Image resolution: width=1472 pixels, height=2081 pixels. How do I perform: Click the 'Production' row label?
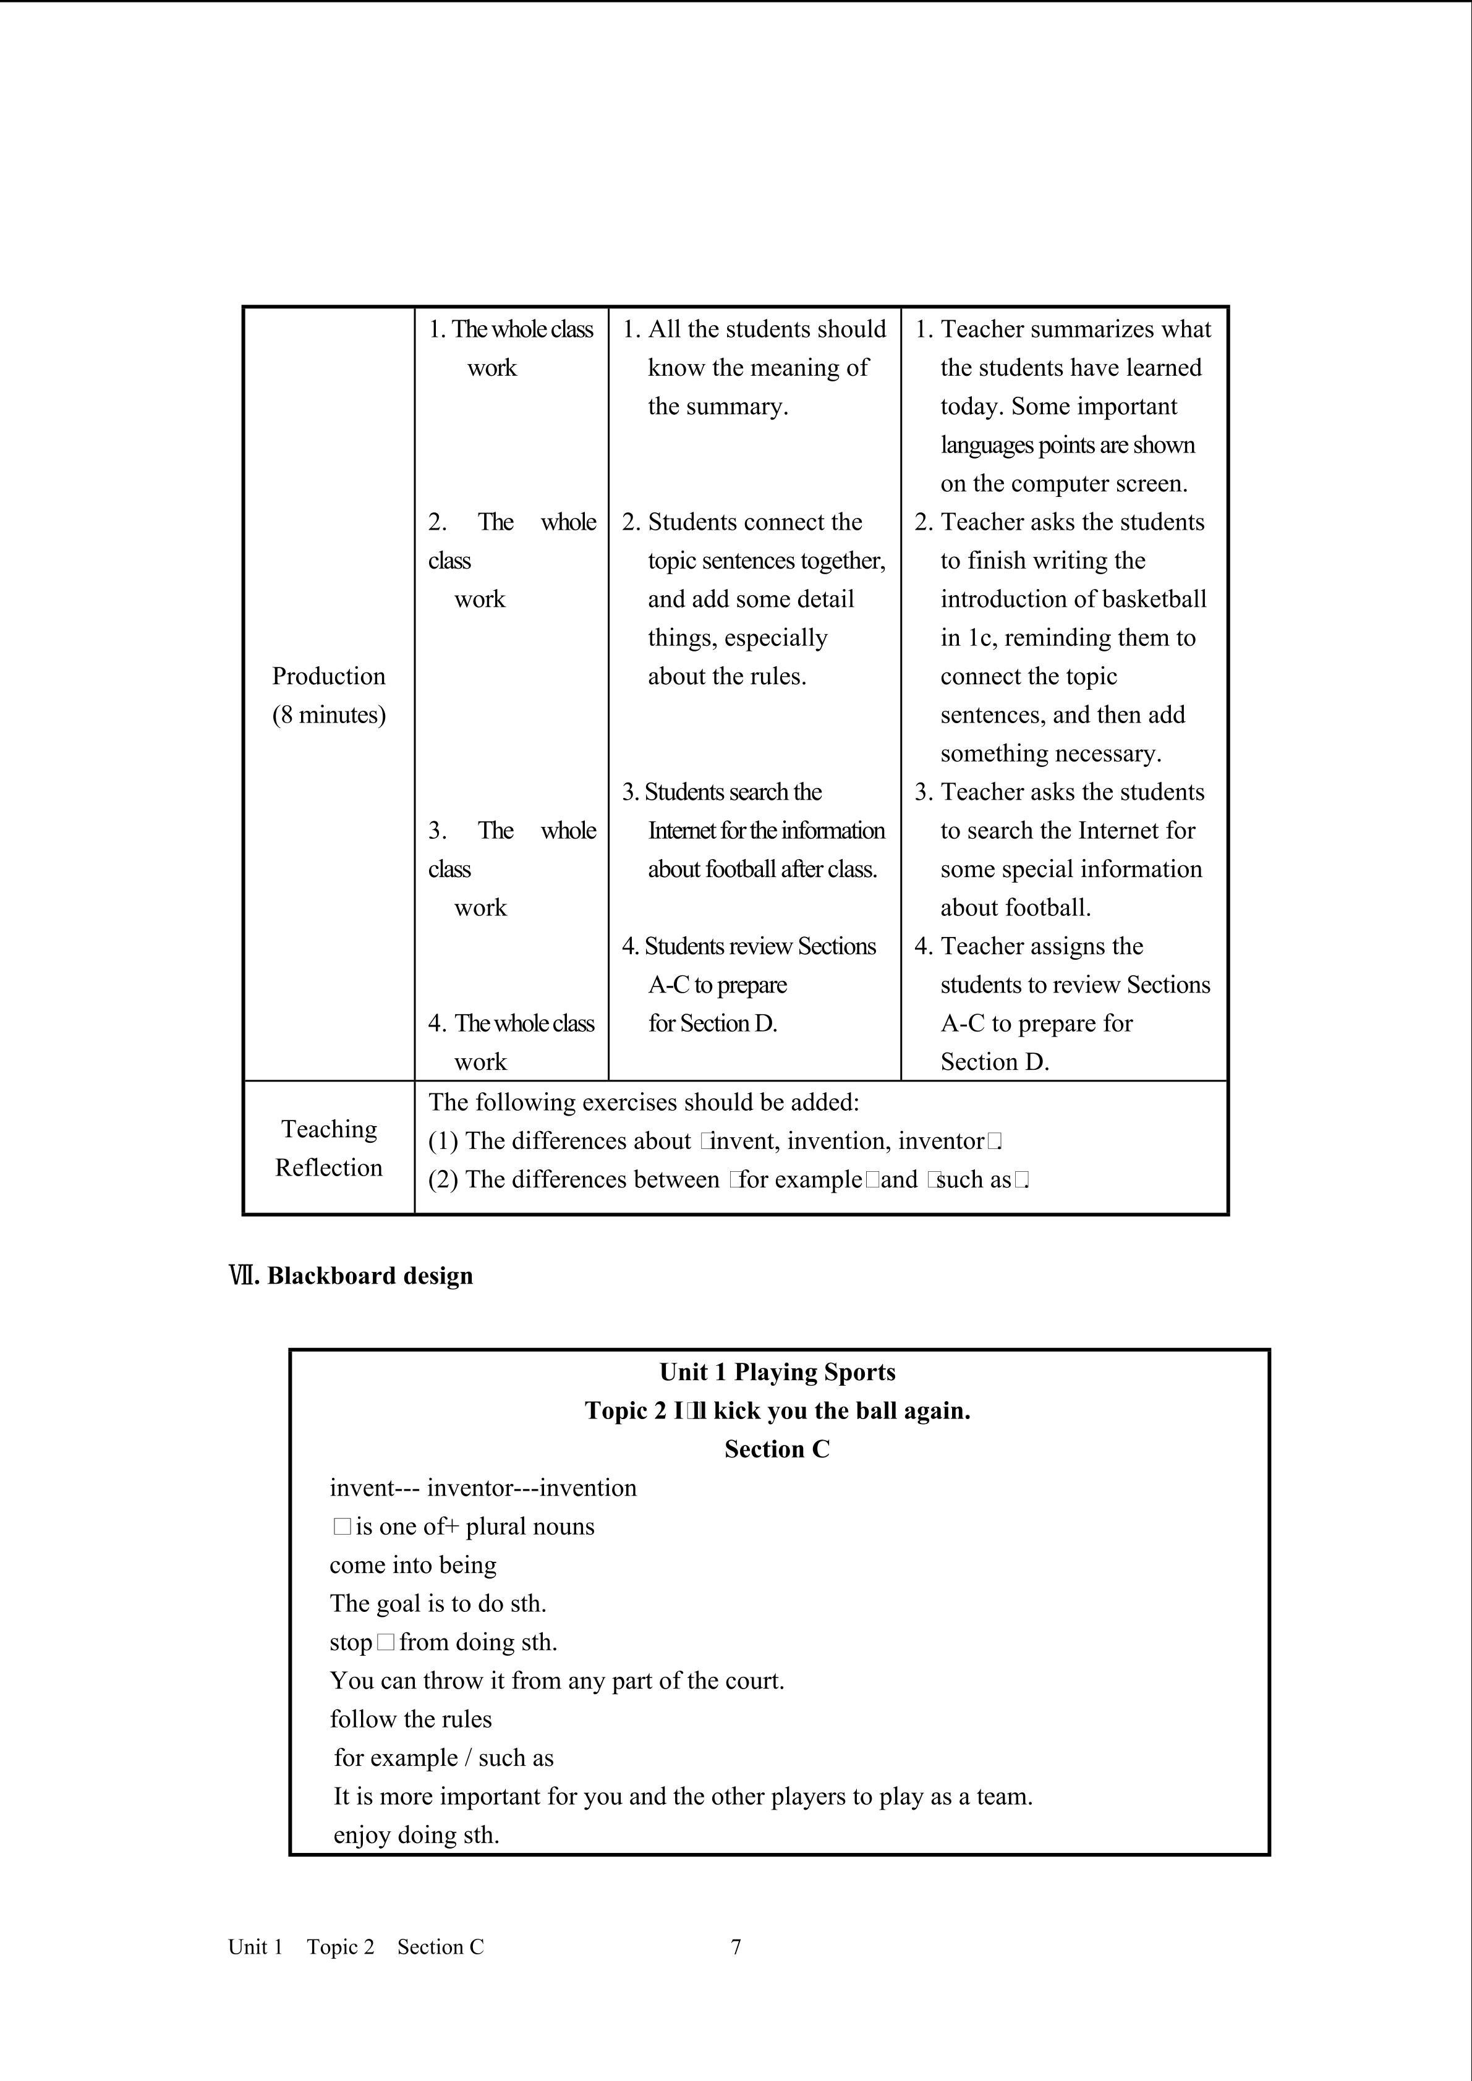click(328, 676)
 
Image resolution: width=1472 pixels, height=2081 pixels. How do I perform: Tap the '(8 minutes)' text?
click(328, 715)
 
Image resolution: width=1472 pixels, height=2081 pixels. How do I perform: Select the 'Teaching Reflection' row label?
click(328, 1148)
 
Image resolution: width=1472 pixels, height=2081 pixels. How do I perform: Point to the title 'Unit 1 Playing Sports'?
click(776, 1372)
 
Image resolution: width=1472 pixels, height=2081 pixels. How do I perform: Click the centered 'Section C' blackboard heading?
click(776, 1449)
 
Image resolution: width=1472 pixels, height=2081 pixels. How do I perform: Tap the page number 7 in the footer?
click(736, 1947)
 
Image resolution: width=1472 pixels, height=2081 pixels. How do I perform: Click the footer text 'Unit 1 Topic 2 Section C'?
click(355, 1947)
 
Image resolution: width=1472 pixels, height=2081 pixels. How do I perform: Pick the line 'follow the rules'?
click(411, 1719)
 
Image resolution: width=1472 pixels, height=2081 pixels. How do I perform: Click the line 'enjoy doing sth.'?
click(416, 1836)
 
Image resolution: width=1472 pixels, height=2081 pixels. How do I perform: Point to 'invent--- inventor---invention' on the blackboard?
click(483, 1488)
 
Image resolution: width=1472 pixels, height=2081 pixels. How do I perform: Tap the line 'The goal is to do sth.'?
click(438, 1603)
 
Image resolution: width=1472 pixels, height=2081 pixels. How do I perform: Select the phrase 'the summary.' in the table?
click(718, 407)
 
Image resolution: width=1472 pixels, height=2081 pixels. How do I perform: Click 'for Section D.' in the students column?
click(712, 1024)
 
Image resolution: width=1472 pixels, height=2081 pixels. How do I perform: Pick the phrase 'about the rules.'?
click(727, 676)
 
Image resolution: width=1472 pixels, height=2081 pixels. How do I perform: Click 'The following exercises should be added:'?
click(644, 1102)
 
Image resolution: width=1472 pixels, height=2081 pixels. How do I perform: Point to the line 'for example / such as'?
click(443, 1758)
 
